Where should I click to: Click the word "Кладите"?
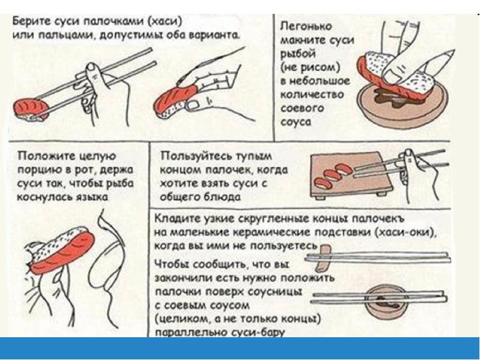click(x=174, y=219)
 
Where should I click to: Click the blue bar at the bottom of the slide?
click(x=240, y=348)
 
